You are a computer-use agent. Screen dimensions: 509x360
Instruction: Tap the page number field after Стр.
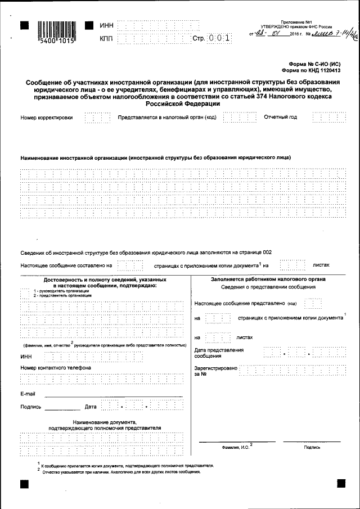[x=219, y=39]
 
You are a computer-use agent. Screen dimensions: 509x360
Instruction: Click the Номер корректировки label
[x=47, y=118]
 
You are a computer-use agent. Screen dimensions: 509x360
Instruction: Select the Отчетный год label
[x=281, y=118]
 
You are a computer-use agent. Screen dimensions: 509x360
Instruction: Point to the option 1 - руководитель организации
[x=55, y=291]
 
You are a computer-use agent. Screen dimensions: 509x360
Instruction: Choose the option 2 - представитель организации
[x=56, y=295]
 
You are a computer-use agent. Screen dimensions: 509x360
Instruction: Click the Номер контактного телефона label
[x=55, y=367]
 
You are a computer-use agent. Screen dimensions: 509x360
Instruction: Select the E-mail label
[x=28, y=393]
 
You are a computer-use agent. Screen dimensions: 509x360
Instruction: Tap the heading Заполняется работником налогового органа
[x=268, y=279]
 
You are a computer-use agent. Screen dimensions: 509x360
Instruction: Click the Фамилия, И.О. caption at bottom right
[x=237, y=447]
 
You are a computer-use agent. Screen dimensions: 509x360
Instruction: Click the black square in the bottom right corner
[x=341, y=483]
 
